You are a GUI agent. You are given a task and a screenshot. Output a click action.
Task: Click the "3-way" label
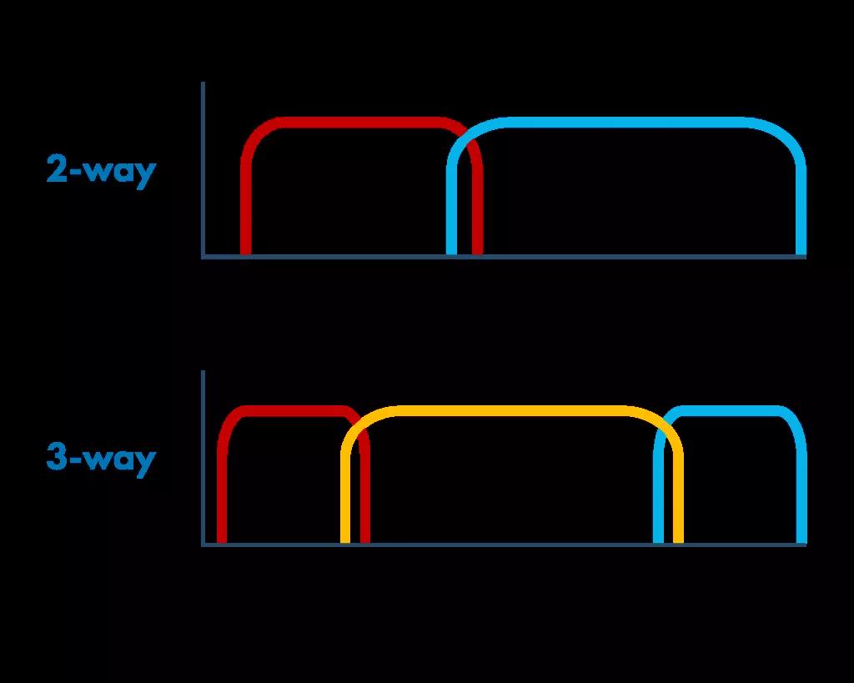pyautogui.click(x=101, y=460)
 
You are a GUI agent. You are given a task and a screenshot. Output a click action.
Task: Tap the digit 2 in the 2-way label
pyautogui.click(x=57, y=168)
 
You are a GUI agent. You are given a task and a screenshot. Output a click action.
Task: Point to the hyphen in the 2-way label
pyautogui.click(x=76, y=172)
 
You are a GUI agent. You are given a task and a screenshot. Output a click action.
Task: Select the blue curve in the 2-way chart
pyautogui.click(x=626, y=122)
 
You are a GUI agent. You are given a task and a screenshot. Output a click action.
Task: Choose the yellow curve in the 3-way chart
pyautogui.click(x=512, y=410)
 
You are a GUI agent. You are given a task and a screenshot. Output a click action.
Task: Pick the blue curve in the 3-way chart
pyautogui.click(x=730, y=410)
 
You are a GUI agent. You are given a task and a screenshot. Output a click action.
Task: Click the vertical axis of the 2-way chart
pyautogui.click(x=203, y=168)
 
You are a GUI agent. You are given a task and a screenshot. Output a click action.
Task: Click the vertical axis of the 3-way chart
pyautogui.click(x=203, y=458)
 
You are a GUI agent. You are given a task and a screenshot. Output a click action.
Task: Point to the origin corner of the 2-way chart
pyautogui.click(x=203, y=257)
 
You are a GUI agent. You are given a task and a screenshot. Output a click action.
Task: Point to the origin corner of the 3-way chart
pyautogui.click(x=203, y=545)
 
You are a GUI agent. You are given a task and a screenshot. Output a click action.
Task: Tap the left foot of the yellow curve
pyautogui.click(x=345, y=542)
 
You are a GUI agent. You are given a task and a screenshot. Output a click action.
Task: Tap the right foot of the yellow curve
pyautogui.click(x=679, y=542)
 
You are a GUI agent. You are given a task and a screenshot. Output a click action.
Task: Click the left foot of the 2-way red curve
pyautogui.click(x=246, y=254)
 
